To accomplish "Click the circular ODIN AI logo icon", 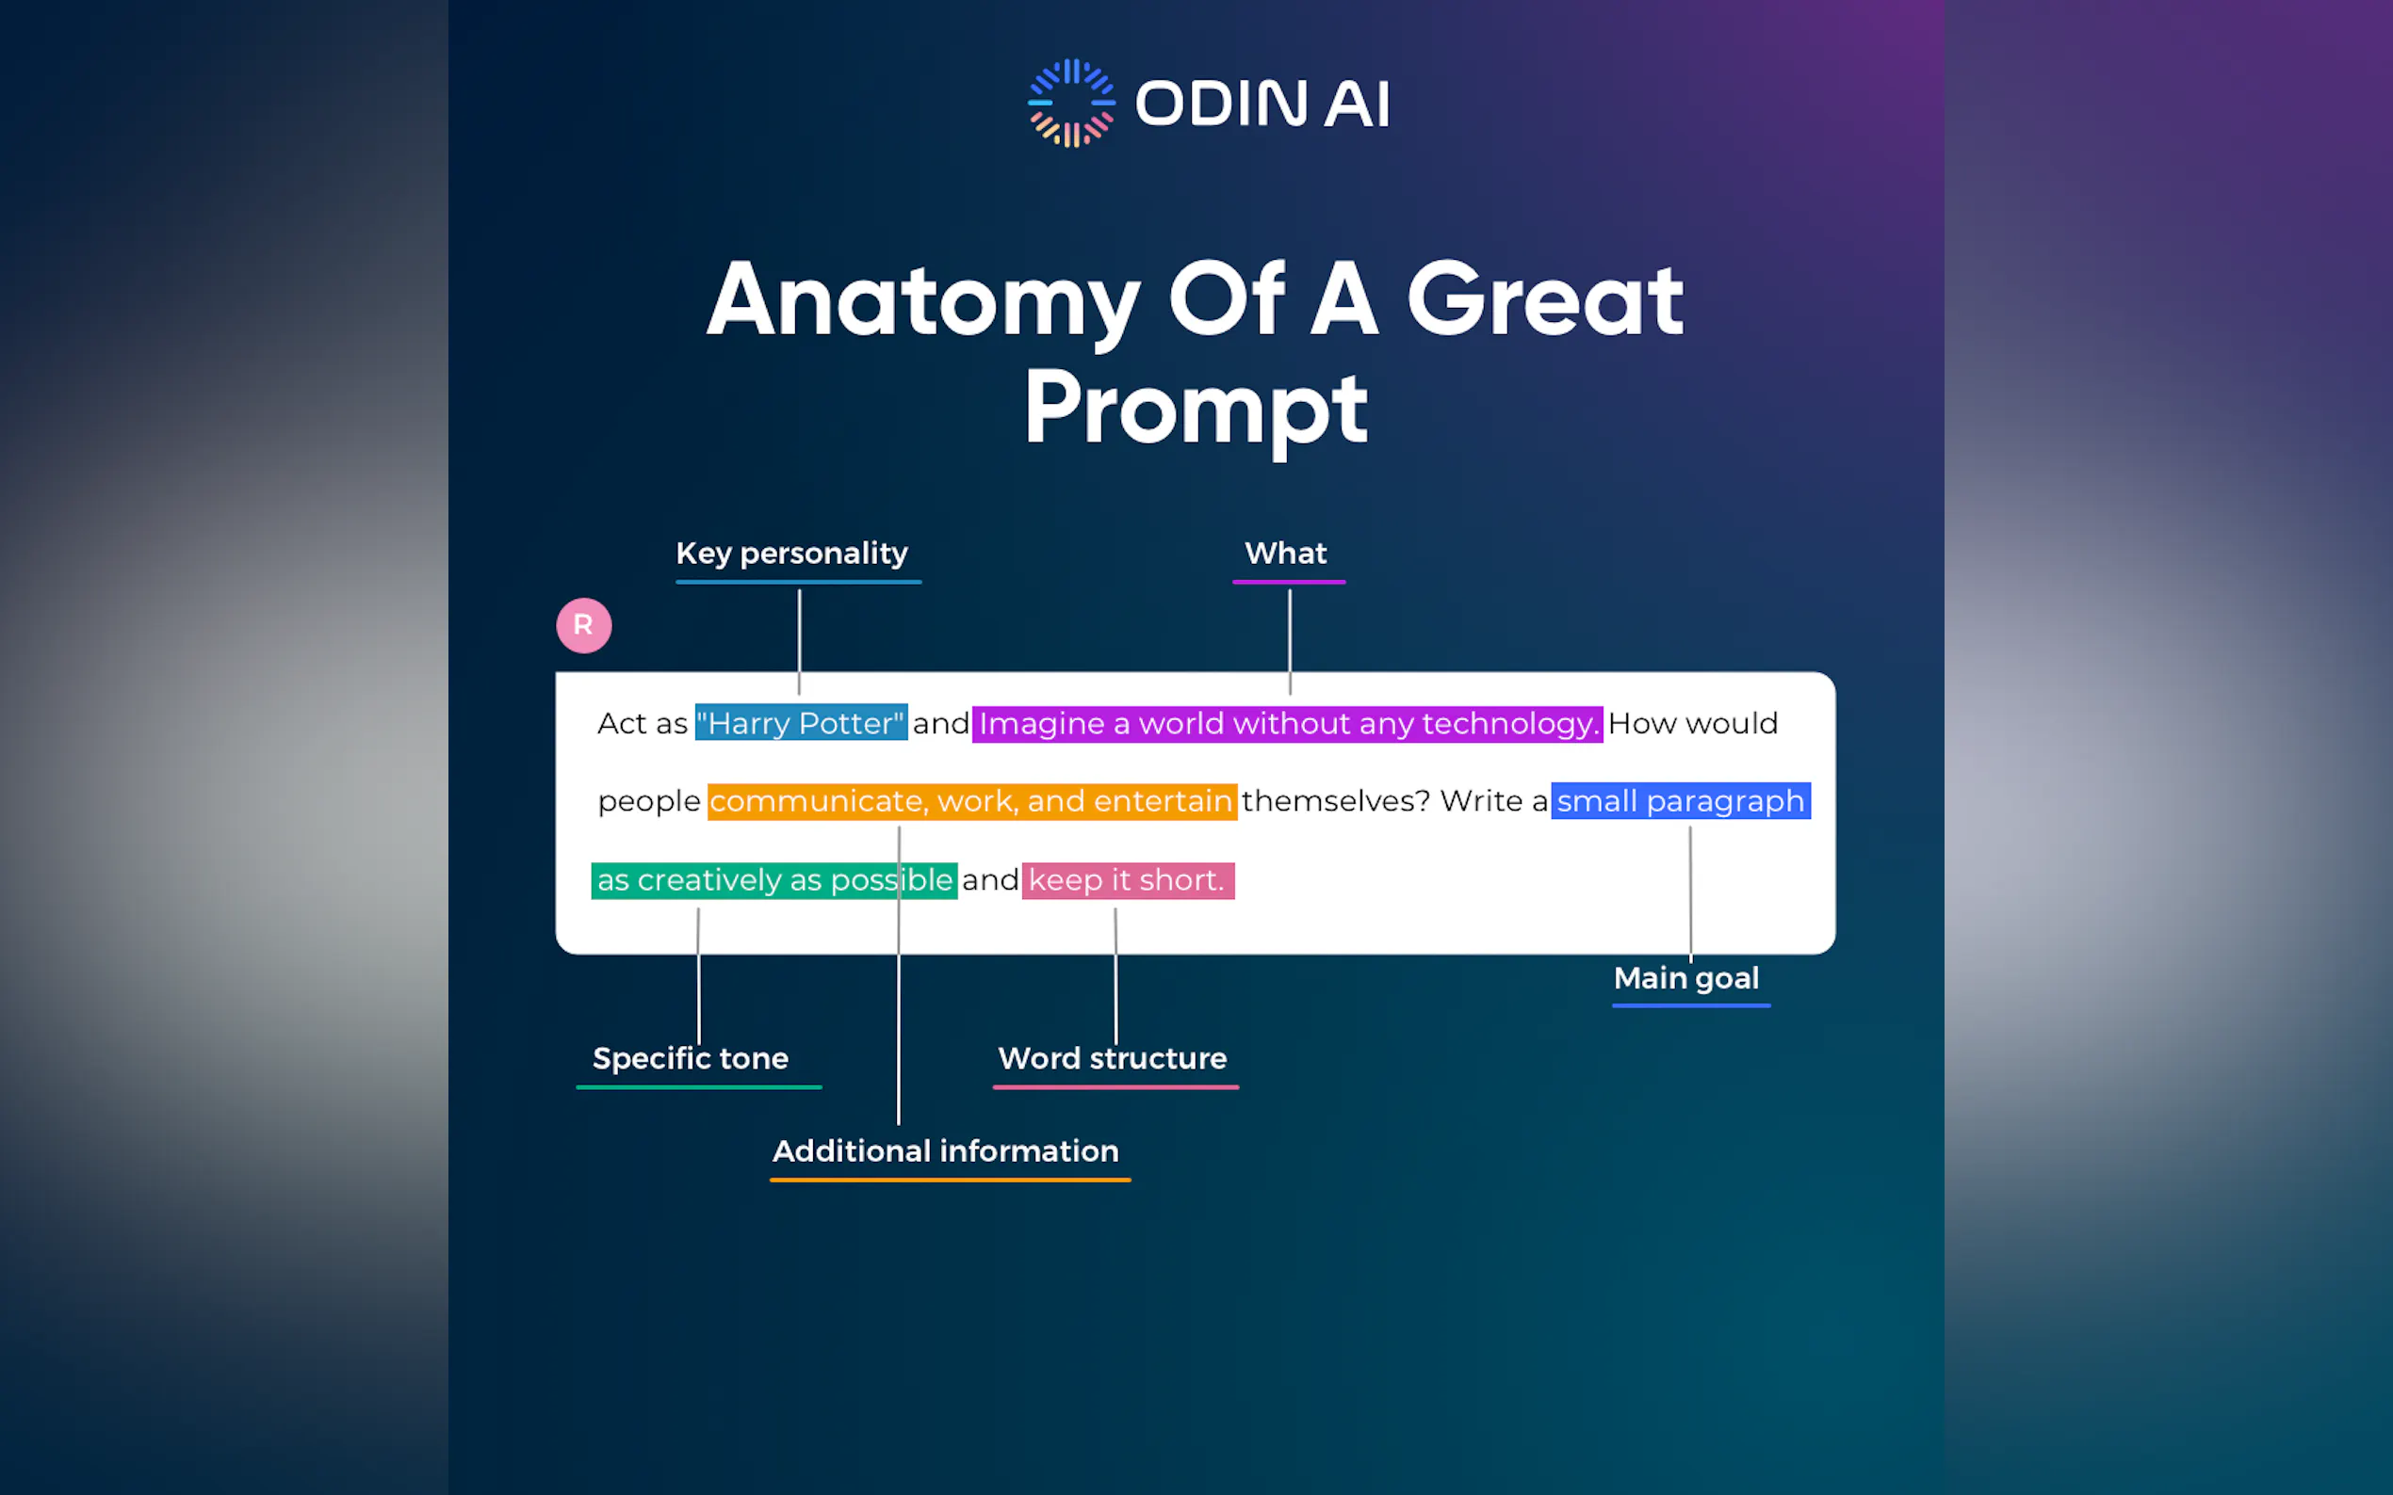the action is click(1071, 103).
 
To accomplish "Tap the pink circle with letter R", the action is click(584, 625).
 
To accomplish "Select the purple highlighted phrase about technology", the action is click(1287, 724).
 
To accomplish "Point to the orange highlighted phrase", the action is click(971, 801).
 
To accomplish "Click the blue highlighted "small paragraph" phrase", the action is click(1681, 801).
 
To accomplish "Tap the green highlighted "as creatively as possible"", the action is click(773, 880).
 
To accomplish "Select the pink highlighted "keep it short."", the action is click(1128, 880).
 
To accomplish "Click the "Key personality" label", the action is click(791, 553).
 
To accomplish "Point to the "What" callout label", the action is click(1285, 553).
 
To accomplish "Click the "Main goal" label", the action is click(1685, 978).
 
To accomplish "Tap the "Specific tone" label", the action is click(691, 1058).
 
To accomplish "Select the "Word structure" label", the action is click(1112, 1058).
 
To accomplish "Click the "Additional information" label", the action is click(946, 1151).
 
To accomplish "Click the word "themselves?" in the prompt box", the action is click(1336, 801).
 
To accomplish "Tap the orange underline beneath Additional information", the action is click(950, 1180).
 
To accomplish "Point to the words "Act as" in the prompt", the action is click(642, 724).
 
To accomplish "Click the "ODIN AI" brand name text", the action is click(1262, 104).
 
